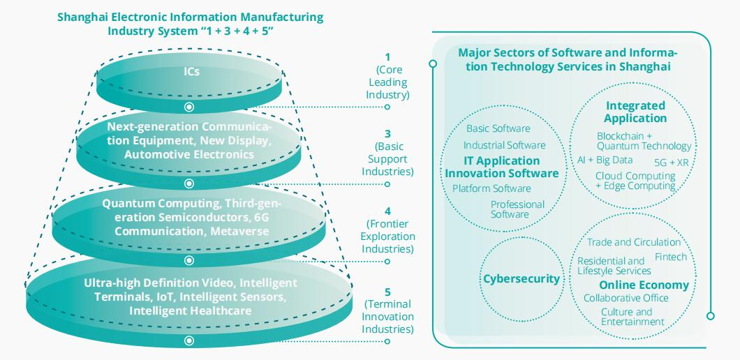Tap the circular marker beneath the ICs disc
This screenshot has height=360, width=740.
(188, 107)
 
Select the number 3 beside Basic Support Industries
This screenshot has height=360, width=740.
(387, 133)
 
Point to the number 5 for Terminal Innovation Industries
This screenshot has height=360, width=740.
(387, 292)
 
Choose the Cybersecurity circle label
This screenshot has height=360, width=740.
(521, 279)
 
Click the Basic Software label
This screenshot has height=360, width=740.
(498, 128)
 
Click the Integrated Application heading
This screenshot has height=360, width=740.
(635, 112)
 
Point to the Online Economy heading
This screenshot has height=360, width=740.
(644, 285)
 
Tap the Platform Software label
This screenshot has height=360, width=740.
(491, 188)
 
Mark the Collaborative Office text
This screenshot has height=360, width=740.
(626, 298)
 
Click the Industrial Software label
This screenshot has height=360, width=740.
(504, 145)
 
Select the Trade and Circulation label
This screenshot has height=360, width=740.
(633, 242)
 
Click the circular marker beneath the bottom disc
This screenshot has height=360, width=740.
(188, 340)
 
